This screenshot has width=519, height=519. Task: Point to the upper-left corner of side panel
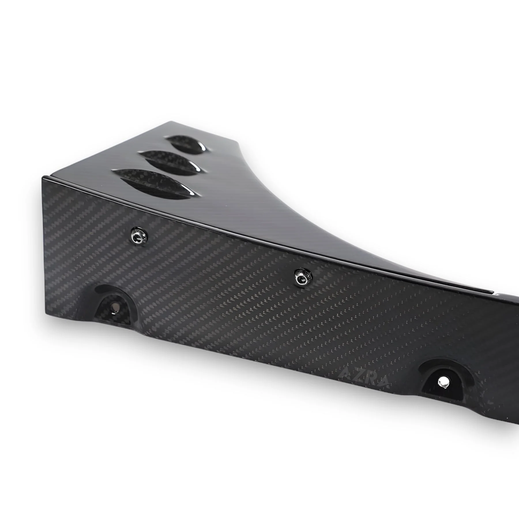(x=43, y=177)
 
